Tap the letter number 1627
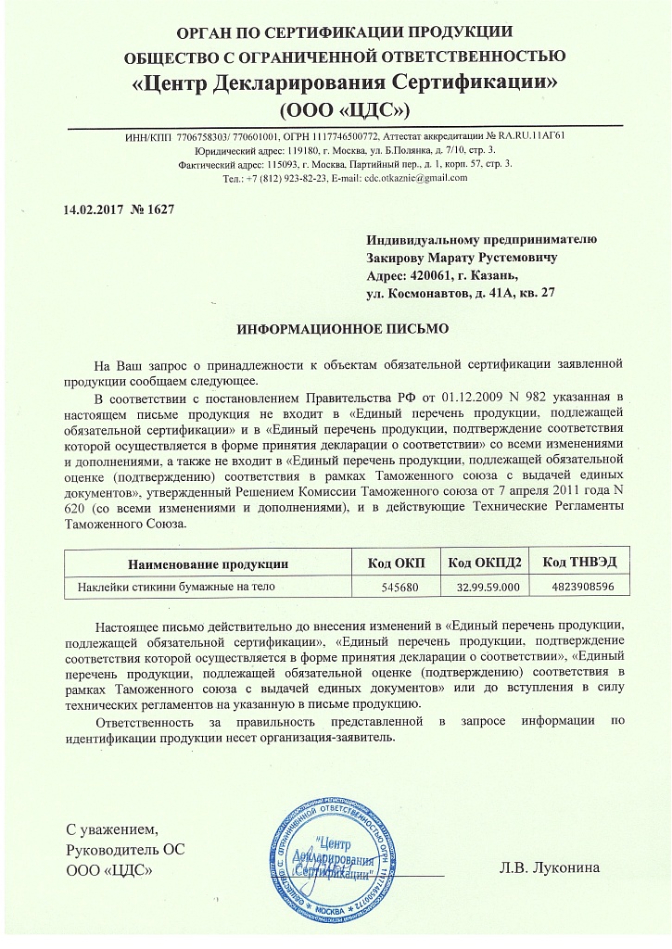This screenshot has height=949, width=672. (153, 207)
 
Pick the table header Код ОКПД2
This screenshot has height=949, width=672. (485, 563)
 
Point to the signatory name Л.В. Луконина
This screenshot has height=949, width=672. (549, 868)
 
